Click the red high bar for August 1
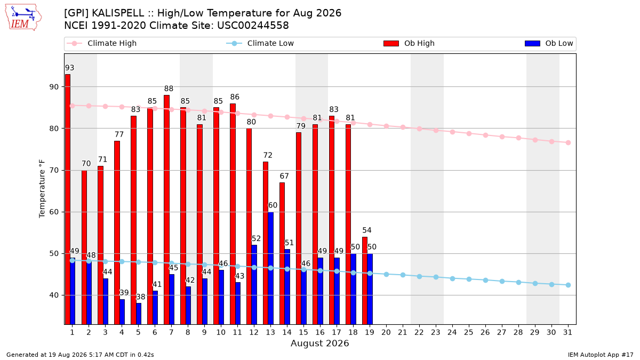[x=67, y=199]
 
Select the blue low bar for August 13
[x=270, y=268]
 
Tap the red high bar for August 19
[x=365, y=281]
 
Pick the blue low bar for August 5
[x=139, y=314]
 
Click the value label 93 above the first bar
[x=69, y=68]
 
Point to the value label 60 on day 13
[x=273, y=205]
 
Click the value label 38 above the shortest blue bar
[x=141, y=297]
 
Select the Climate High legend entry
[x=102, y=43]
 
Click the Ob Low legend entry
[x=549, y=43]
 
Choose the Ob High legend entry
[x=409, y=43]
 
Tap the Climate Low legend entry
[x=260, y=43]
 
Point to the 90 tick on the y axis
[x=54, y=87]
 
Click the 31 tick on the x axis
[x=567, y=332]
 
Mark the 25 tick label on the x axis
[x=469, y=332]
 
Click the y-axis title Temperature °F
[x=42, y=189]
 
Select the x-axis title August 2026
[x=319, y=343]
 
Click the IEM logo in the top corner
[x=23, y=18]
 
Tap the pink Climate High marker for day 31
[x=568, y=142]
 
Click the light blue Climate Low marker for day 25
[x=469, y=279]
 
